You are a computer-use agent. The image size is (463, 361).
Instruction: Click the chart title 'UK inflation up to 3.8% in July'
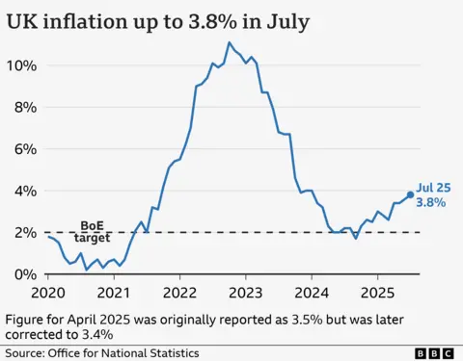pyautogui.click(x=158, y=21)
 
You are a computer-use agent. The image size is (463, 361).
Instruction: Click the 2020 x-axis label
pyautogui.click(x=47, y=292)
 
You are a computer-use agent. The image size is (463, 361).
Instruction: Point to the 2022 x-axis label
pyautogui.click(x=180, y=292)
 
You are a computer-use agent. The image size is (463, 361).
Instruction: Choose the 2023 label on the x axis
pyautogui.click(x=246, y=292)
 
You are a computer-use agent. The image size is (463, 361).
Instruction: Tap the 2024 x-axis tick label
pyautogui.click(x=313, y=292)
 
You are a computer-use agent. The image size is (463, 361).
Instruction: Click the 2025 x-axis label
pyautogui.click(x=378, y=292)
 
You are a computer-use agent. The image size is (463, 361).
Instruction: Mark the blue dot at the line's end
pyautogui.click(x=410, y=194)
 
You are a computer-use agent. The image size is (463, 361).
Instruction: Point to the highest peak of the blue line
pyautogui.click(x=229, y=42)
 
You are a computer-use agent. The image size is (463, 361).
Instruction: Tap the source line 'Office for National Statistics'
pyautogui.click(x=132, y=352)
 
